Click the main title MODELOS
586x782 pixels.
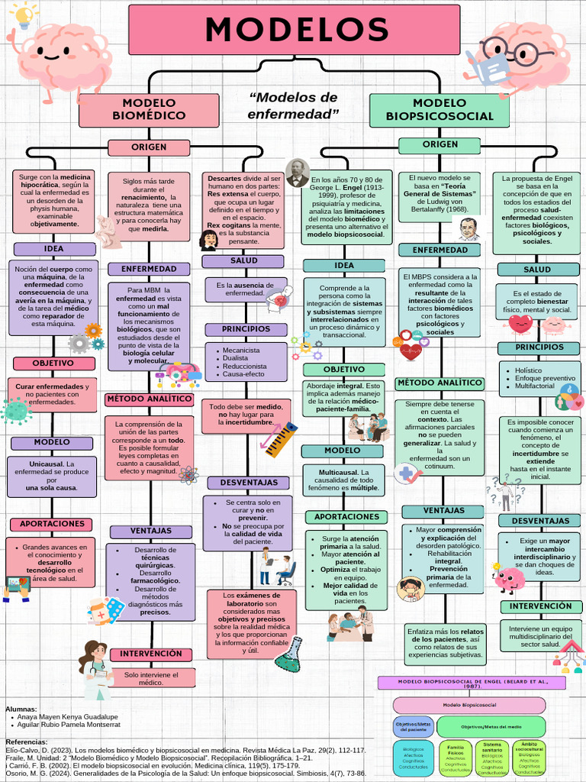pos(295,30)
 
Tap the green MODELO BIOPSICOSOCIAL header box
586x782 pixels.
pos(439,110)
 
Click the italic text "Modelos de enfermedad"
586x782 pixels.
pos(294,105)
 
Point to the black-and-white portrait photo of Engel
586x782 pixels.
pos(297,173)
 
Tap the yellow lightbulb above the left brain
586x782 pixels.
pos(25,15)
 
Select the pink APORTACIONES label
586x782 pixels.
pos(52,524)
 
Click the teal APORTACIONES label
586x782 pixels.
pos(346,517)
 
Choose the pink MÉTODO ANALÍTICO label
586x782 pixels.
pos(149,399)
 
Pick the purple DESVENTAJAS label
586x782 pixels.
pos(249,483)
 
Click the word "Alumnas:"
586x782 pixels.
pos(21,709)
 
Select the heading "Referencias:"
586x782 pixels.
pos(27,742)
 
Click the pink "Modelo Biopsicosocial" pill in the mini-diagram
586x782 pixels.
pos(469,704)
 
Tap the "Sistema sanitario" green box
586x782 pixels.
pos(492,755)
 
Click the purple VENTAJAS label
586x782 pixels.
pos(150,532)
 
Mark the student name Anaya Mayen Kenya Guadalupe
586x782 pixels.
pos(69,717)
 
